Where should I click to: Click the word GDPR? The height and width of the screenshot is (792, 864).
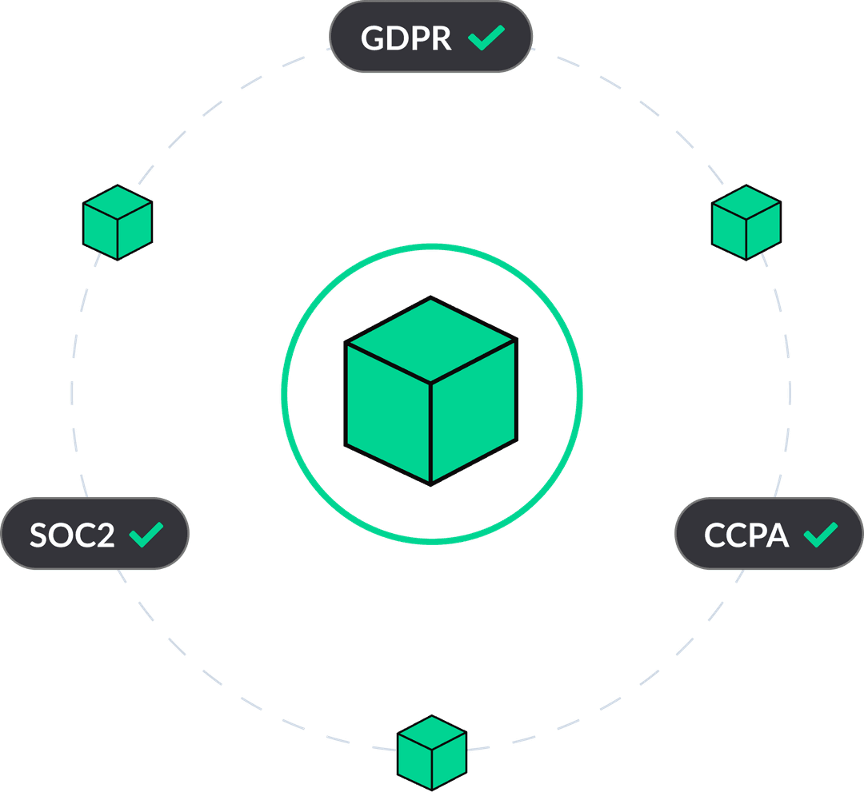point(406,38)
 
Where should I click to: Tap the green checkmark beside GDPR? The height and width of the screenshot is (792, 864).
point(486,38)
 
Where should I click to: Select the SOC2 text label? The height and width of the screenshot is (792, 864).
point(72,535)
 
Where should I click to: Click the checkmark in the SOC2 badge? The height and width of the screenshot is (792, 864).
point(146,534)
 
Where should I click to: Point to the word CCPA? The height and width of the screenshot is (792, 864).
point(746,535)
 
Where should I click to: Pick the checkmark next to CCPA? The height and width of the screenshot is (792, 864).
point(820,534)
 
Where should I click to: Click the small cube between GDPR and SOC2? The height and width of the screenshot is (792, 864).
point(118,222)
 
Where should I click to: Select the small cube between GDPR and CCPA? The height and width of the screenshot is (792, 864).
point(746,222)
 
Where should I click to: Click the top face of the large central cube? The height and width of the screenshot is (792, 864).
point(431,340)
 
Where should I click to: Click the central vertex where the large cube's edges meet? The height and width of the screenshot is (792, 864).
point(431,382)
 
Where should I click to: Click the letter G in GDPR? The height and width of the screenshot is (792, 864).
point(374,38)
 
